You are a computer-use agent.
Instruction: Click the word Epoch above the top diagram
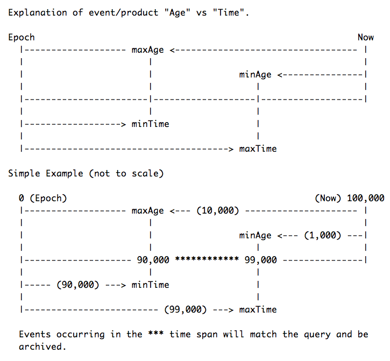pos(22,38)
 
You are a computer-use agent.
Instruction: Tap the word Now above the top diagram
pos(365,38)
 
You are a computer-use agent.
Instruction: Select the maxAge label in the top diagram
pos(147,50)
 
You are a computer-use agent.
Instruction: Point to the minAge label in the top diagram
pos(255,75)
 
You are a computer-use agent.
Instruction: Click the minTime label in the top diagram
pos(150,124)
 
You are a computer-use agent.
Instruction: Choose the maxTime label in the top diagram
pos(258,149)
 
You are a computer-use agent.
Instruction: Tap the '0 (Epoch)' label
pos(43,199)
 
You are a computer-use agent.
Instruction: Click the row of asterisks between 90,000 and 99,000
pos(207,260)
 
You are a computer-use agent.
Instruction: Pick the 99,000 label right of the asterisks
pos(260,260)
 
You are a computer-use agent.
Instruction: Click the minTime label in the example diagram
pos(150,285)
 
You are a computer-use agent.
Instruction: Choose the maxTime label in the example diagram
pos(258,310)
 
